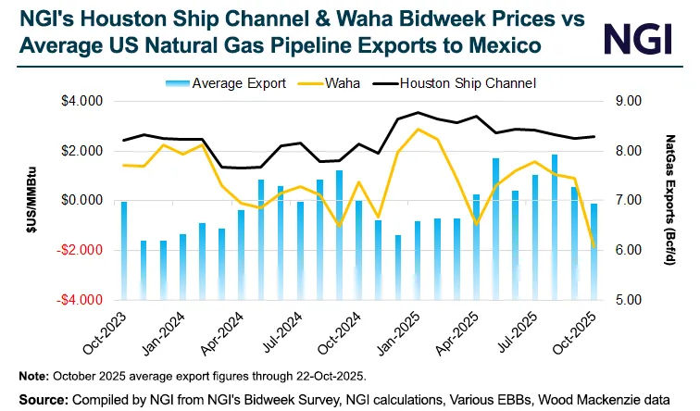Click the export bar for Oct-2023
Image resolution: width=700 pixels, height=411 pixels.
124,250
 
